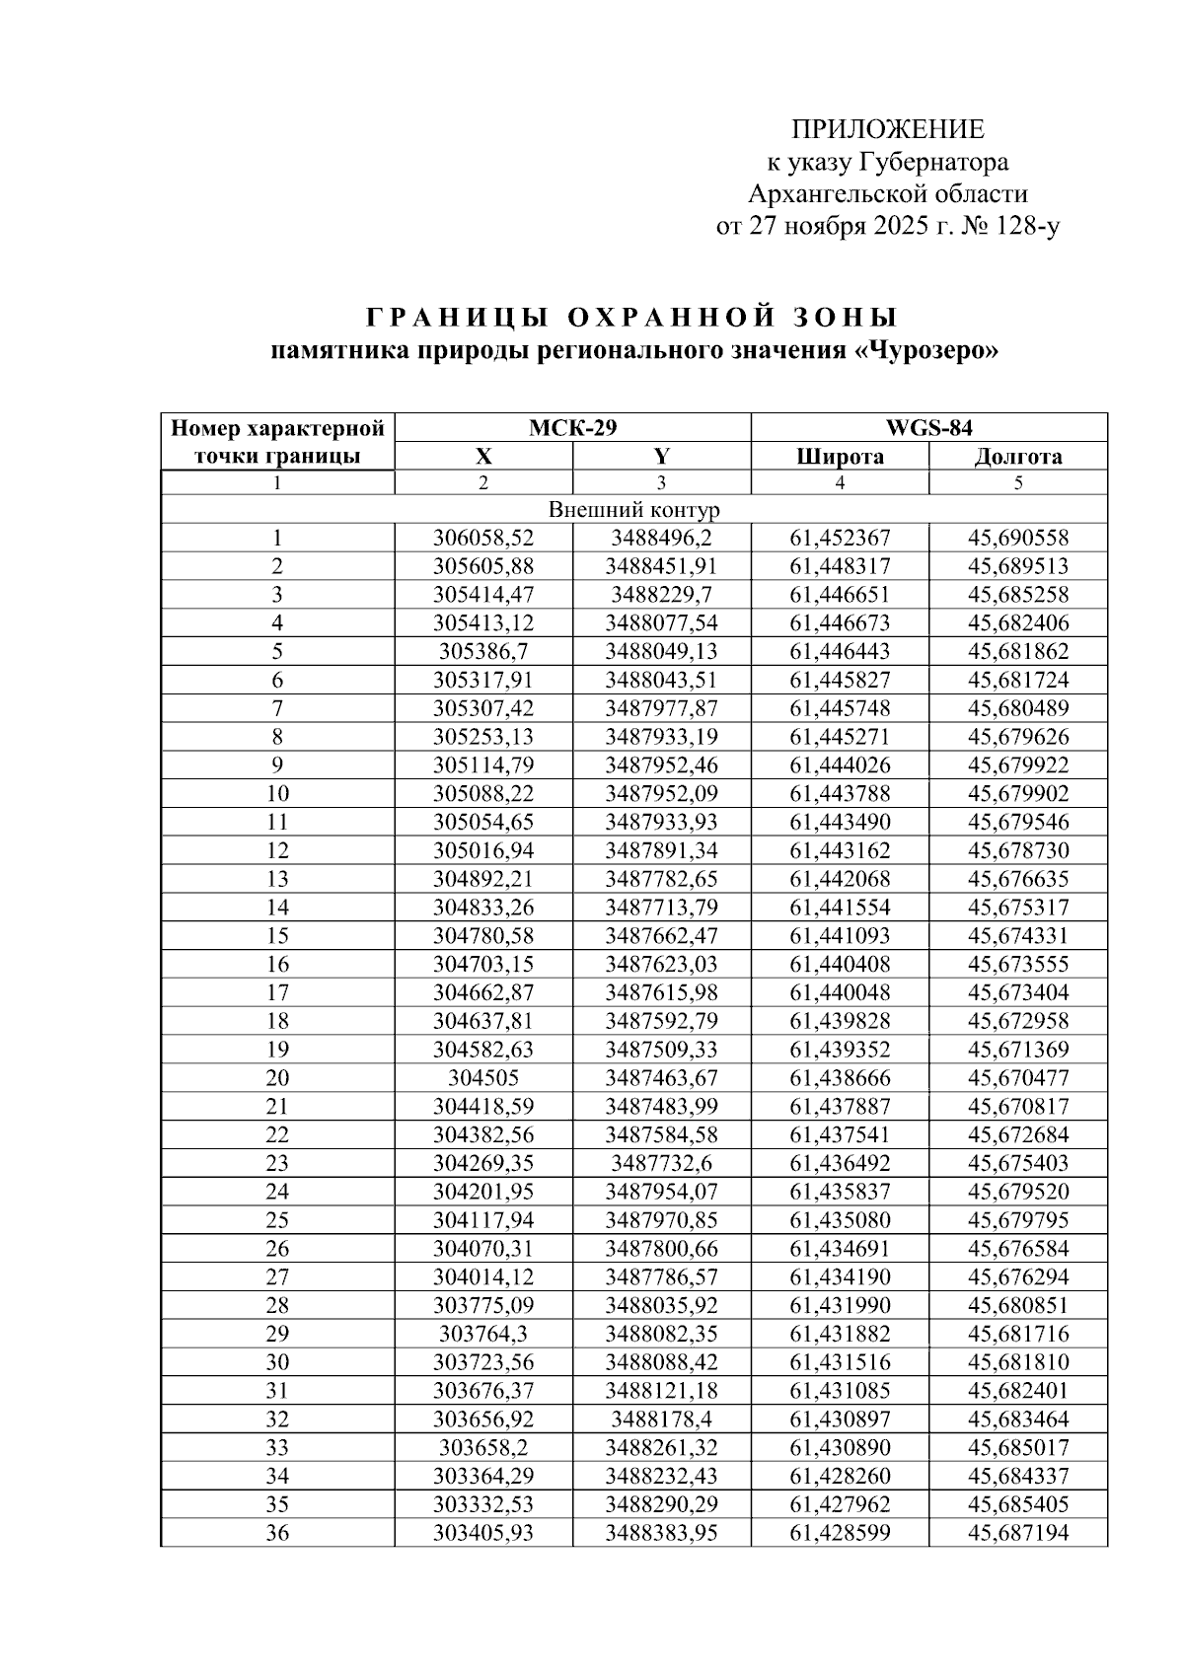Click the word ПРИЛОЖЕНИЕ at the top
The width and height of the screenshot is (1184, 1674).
888,130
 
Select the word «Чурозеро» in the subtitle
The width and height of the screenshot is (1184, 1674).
927,352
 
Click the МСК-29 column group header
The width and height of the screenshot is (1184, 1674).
572,428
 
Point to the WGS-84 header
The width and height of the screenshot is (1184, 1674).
928,428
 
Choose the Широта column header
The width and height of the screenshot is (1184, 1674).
840,456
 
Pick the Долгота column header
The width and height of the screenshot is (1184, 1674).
1018,456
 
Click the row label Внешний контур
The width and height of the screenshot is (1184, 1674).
633,510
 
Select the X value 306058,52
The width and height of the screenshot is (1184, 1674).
483,539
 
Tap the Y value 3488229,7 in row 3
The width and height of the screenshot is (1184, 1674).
661,595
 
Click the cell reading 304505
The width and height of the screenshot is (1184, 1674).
483,1078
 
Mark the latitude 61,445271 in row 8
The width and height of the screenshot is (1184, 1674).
840,737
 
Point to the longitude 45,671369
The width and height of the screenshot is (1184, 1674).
1018,1050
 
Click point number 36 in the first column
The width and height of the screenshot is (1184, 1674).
277,1533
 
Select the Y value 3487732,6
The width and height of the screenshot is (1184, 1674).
661,1163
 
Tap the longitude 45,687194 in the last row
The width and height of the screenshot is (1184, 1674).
1018,1533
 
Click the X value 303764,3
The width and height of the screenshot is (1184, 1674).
483,1334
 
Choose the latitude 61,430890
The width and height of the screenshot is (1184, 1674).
840,1448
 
